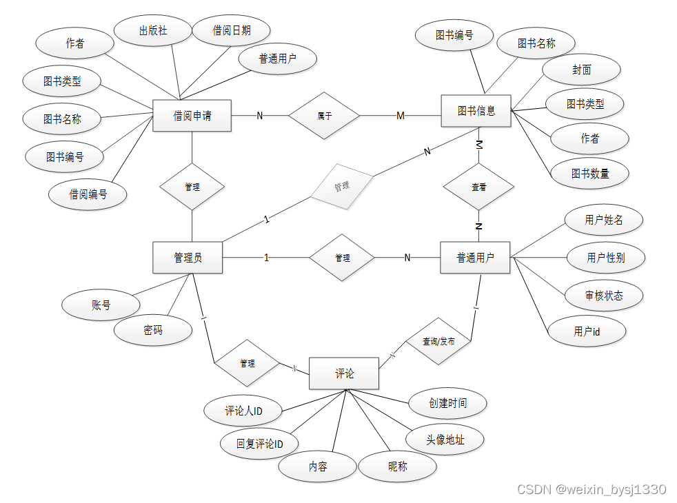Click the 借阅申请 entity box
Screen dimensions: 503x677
click(x=192, y=116)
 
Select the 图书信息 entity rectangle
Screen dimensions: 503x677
click(x=476, y=111)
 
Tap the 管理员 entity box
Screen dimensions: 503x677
click(x=188, y=258)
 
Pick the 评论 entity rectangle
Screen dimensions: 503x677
click(x=344, y=373)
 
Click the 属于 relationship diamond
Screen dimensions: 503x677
click(x=324, y=116)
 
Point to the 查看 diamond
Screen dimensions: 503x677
click(x=478, y=187)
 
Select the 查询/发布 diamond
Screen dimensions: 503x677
click(x=438, y=341)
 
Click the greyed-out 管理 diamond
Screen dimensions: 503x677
click(x=342, y=186)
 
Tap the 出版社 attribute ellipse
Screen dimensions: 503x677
click(x=152, y=31)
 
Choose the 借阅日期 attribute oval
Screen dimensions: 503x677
click(x=232, y=30)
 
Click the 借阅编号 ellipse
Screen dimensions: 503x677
click(x=88, y=194)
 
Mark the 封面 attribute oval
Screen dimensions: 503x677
click(x=581, y=70)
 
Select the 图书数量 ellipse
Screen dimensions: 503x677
click(x=590, y=174)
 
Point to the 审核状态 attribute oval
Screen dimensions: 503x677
click(x=604, y=296)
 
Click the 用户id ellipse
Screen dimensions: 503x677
click(x=587, y=331)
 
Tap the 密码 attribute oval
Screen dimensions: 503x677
click(x=153, y=331)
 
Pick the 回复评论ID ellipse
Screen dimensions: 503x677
click(x=259, y=444)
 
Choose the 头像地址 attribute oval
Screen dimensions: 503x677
click(x=445, y=440)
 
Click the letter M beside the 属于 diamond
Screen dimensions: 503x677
click(x=401, y=116)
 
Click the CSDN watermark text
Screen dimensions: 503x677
click(x=591, y=489)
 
